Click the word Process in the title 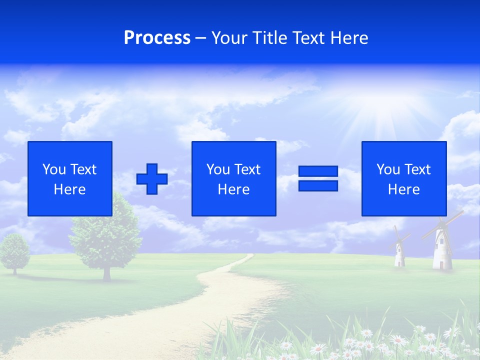coord(157,38)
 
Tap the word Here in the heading coord(349,38)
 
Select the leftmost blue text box coord(69,178)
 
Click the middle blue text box coord(233,178)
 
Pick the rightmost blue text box coord(403,178)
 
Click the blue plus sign coord(152,178)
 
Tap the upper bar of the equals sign coord(318,171)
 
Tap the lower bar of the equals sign coord(318,185)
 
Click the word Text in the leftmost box coord(82,169)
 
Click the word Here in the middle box coord(233,189)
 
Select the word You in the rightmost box coord(388,169)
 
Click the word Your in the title coord(228,38)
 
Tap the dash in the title coord(201,38)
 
